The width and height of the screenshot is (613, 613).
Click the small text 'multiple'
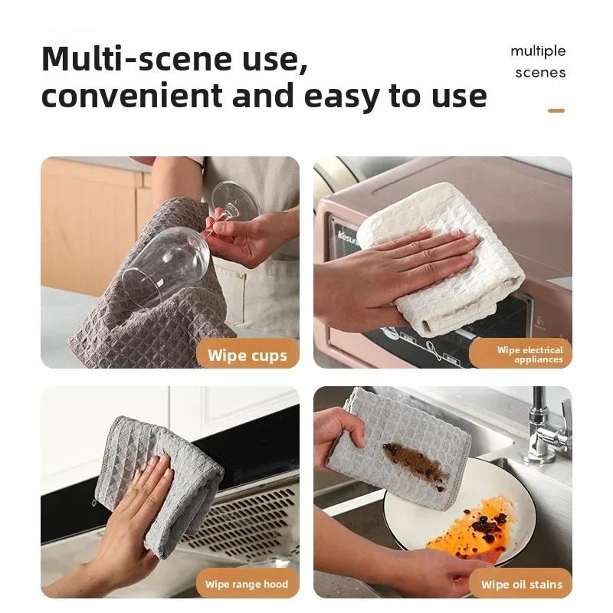click(538, 51)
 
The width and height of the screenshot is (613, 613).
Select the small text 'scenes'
click(540, 73)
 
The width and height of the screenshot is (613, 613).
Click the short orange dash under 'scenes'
click(556, 111)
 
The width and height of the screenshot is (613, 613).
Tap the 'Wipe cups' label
click(247, 356)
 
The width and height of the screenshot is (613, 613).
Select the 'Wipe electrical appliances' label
click(529, 355)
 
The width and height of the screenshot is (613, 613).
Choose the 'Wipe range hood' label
click(247, 585)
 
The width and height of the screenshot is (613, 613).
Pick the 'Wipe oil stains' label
click(521, 585)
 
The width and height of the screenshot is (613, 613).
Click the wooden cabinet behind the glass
click(84, 222)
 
